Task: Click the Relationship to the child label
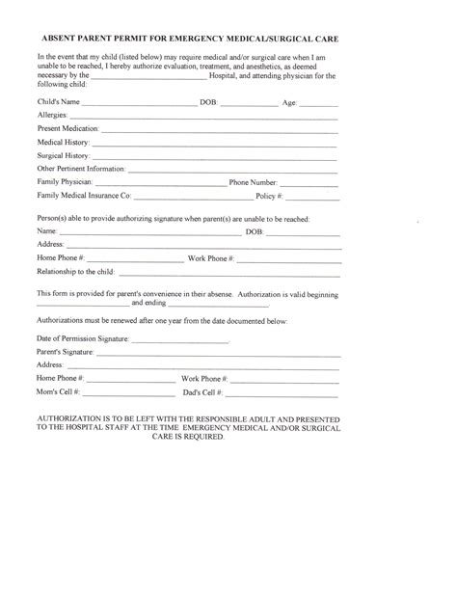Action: click(77, 272)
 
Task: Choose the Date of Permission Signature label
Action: click(81, 339)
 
